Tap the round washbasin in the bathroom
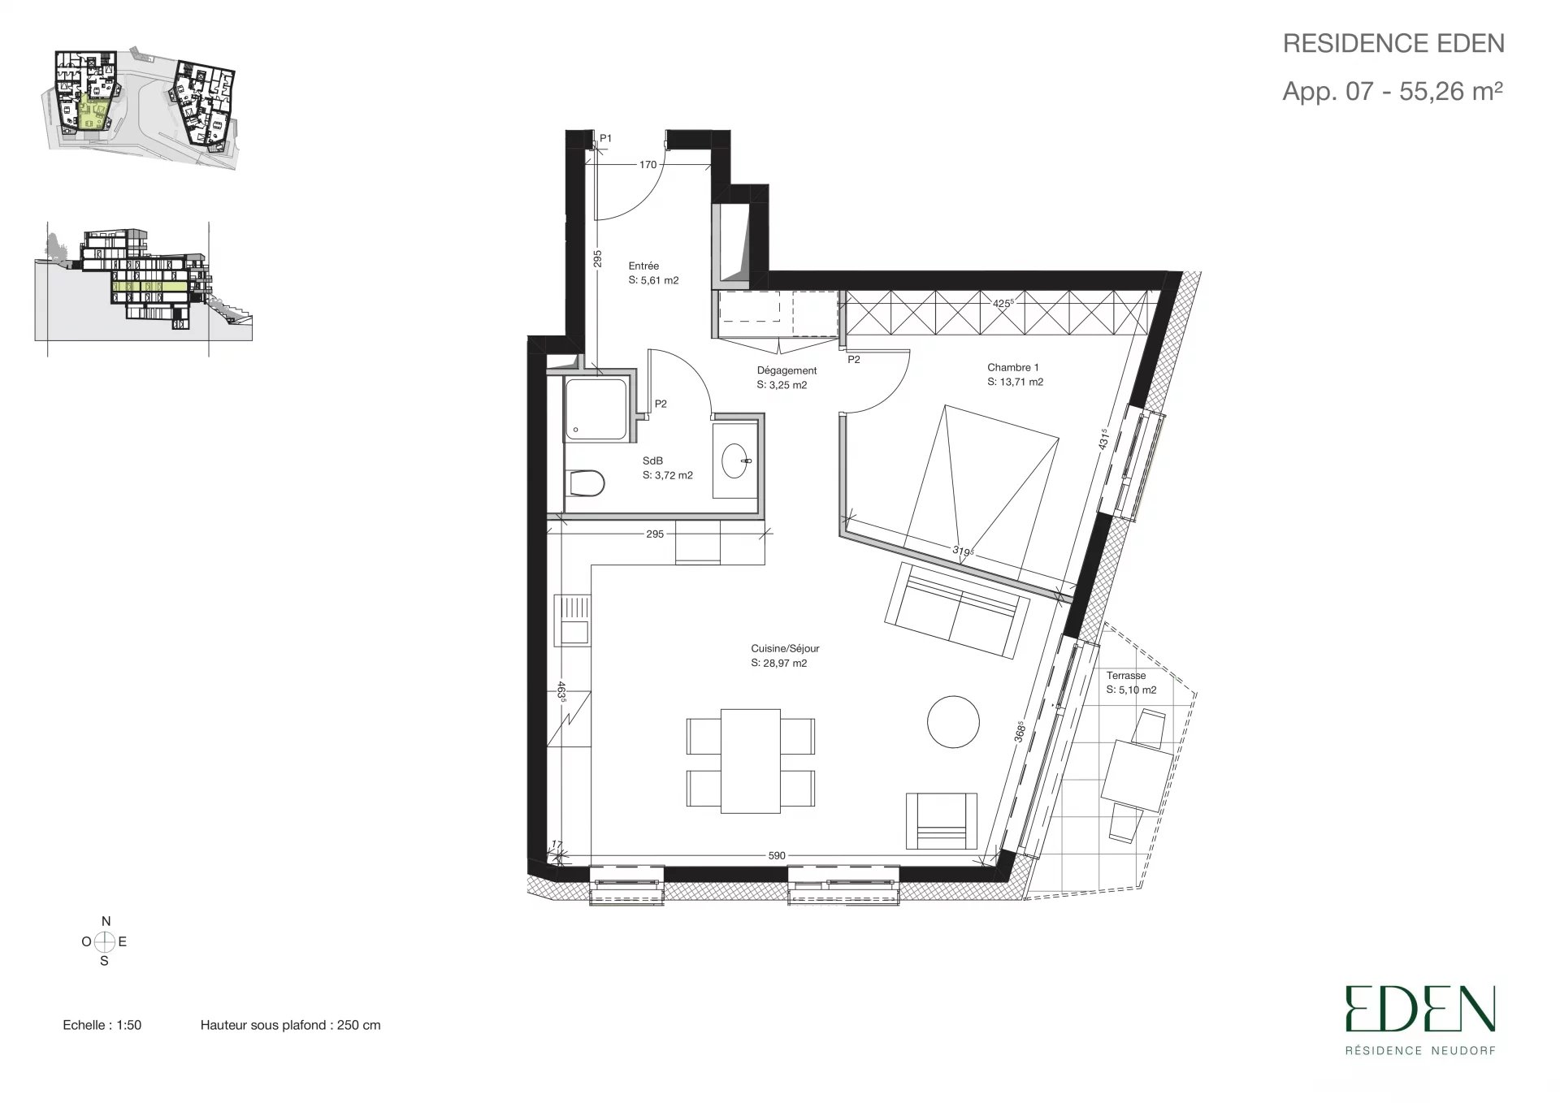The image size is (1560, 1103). pos(738,459)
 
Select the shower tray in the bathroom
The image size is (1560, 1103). pos(596,409)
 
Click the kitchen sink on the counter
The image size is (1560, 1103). pos(573,620)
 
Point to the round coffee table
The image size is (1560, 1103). pos(953,721)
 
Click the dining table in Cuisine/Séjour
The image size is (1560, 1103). pos(751,760)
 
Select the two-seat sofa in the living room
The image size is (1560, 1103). pos(956,609)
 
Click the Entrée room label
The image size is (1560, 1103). pos(643,266)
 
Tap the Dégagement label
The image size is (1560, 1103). pos(786,370)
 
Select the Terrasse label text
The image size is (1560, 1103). pos(1126,676)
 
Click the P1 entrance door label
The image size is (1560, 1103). pos(605,139)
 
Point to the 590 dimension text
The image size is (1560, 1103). pos(777,855)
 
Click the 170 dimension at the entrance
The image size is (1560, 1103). pos(648,165)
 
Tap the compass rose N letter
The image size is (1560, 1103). pos(106,921)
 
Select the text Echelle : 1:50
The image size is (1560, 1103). pos(102,1025)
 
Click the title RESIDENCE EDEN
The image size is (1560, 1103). pos(1393,43)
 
